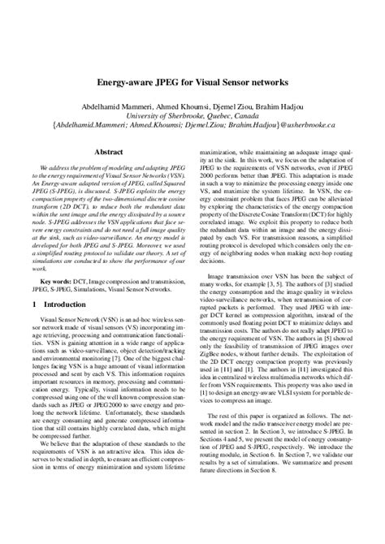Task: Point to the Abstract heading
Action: tap(108, 151)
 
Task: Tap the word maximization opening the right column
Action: tap(224, 150)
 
